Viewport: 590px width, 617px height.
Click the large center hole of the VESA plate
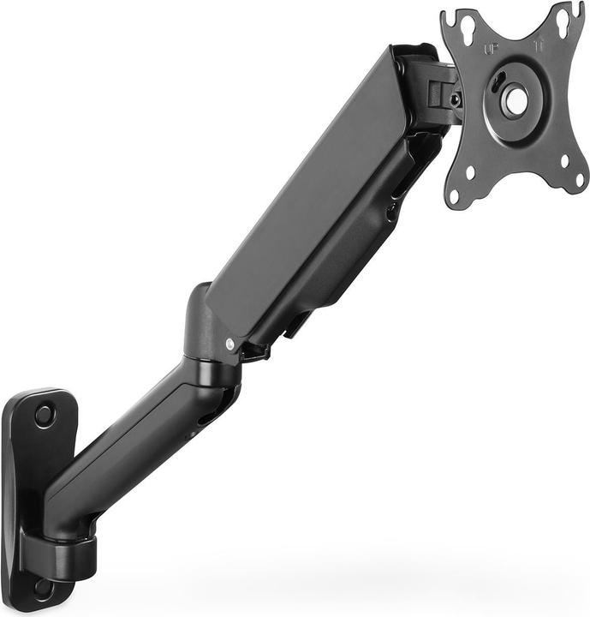(x=516, y=101)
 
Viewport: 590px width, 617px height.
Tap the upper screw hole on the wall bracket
(x=43, y=416)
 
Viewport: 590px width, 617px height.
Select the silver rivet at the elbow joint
(x=229, y=344)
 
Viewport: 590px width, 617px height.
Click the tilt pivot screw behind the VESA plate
(x=455, y=100)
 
